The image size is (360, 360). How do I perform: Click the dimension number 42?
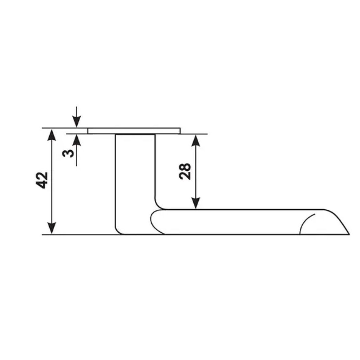coord(42,180)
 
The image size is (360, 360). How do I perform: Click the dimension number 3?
coord(68,153)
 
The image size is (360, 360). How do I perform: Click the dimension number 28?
coord(185,171)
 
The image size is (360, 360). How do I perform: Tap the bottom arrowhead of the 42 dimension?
coord(52,228)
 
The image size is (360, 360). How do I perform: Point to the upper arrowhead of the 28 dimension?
coord(196,140)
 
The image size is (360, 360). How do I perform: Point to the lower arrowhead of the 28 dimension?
coord(196,203)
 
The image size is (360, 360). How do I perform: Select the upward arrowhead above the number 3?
coord(77,140)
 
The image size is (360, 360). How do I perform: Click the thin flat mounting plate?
coord(134,131)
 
